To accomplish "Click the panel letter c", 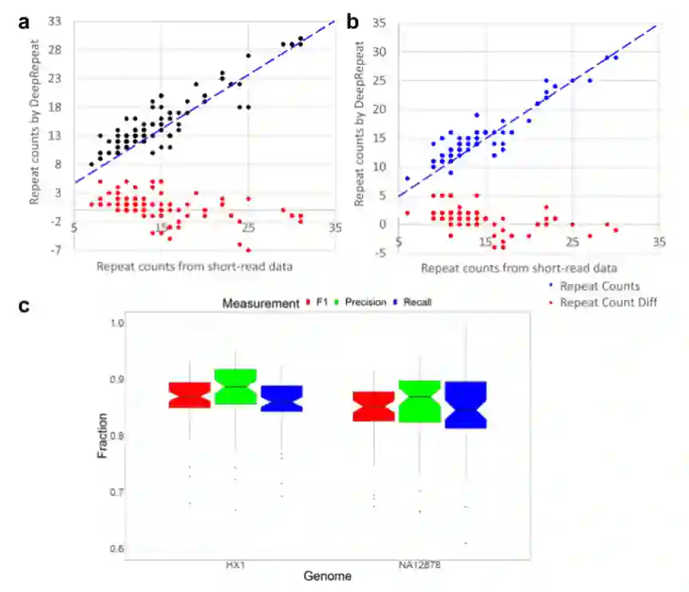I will (x=24, y=306).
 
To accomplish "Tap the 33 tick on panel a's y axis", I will (x=57, y=22).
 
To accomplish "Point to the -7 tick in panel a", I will (x=57, y=251).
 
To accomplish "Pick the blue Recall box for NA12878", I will (x=465, y=405).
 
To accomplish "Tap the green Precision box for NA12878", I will (x=419, y=401).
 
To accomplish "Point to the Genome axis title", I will (x=326, y=574).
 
